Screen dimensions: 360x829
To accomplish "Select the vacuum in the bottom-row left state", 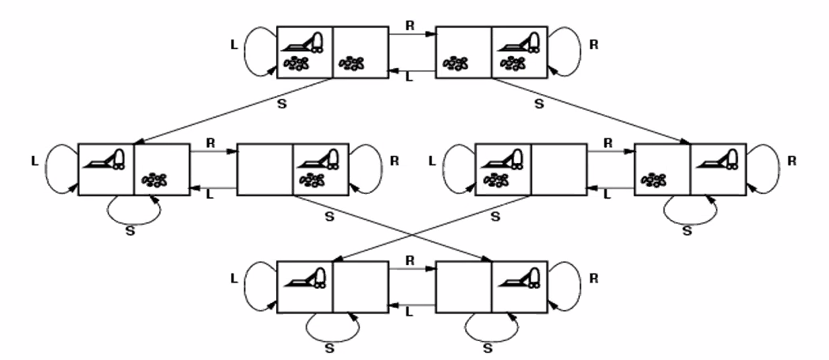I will (x=304, y=277).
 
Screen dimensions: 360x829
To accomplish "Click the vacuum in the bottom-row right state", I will (x=520, y=277).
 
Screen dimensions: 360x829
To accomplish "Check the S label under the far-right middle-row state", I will (x=687, y=231).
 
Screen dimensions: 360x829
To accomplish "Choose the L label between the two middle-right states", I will (x=608, y=195).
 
